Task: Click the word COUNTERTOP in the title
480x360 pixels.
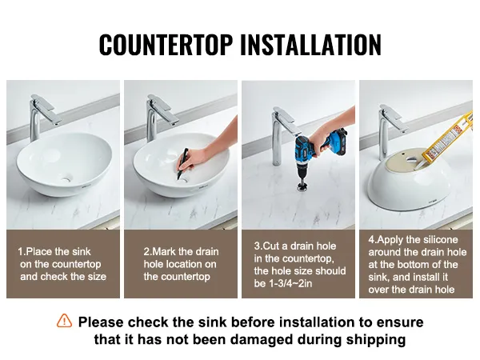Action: (166, 45)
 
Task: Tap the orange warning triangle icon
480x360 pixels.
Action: (64, 321)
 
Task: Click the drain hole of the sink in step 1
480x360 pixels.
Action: (66, 178)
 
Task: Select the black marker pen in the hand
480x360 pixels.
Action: (182, 164)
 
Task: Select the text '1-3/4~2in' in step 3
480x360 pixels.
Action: (290, 283)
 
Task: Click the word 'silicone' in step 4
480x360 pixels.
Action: (438, 239)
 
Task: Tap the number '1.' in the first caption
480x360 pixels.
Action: (22, 252)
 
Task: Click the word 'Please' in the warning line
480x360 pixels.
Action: (101, 322)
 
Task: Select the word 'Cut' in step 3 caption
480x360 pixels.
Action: (270, 246)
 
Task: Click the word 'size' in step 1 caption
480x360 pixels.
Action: (97, 277)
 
